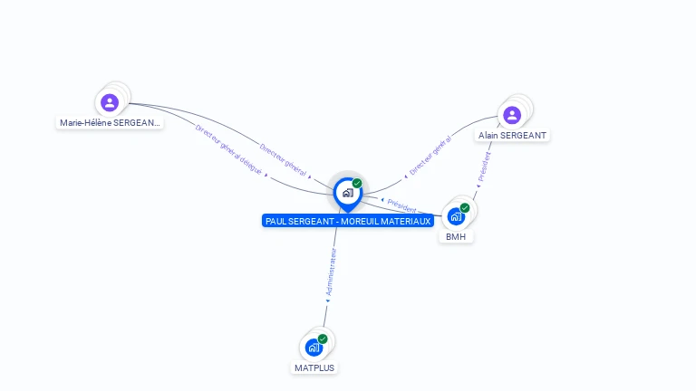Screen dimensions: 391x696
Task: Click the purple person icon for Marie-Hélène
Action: (110, 102)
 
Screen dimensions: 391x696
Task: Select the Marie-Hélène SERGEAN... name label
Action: (110, 122)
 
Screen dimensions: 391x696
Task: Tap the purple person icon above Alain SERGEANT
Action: (512, 115)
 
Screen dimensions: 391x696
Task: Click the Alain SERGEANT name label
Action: (512, 135)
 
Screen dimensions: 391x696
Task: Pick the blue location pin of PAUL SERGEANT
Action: (347, 193)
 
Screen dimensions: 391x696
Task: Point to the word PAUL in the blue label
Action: (276, 221)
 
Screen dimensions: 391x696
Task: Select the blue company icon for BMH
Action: (456, 216)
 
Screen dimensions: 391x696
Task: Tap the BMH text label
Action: (456, 236)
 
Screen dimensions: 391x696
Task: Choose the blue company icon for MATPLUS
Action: (314, 347)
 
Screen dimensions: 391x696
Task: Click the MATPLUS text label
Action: (314, 367)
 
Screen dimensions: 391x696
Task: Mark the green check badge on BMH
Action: (465, 208)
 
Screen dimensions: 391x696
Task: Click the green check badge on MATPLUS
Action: (323, 339)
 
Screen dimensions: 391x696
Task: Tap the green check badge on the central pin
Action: (357, 184)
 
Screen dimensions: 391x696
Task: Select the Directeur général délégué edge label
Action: (228, 150)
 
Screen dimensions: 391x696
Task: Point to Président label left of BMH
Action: (401, 205)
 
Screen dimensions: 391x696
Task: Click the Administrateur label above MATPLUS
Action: (333, 274)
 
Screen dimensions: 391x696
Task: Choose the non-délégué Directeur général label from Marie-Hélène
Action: (283, 159)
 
